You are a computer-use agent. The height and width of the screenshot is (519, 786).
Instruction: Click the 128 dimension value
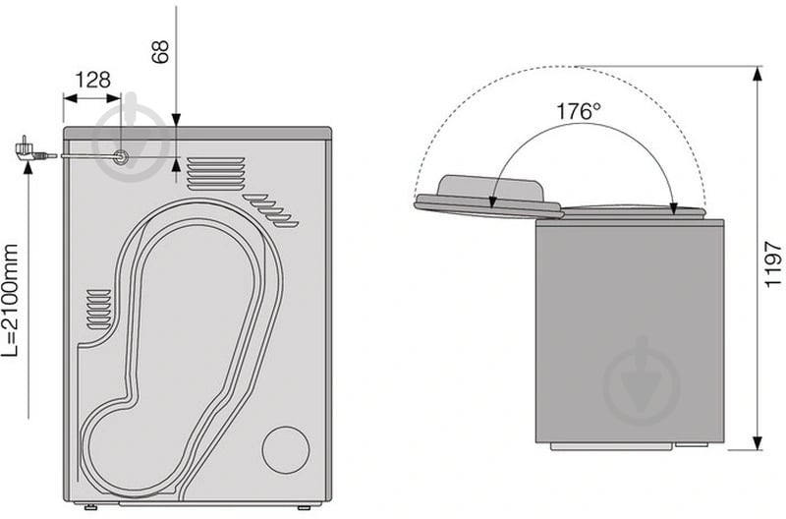[92, 80]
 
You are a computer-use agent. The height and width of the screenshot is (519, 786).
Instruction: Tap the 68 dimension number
[160, 51]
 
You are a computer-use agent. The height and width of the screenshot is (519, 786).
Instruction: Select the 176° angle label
[579, 111]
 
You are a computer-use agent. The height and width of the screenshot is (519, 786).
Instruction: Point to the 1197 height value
[773, 264]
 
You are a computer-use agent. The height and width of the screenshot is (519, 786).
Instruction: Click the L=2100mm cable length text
[10, 301]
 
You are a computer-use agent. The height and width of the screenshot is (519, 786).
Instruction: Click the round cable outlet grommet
[121, 157]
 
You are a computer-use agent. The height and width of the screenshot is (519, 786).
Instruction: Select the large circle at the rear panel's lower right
[286, 450]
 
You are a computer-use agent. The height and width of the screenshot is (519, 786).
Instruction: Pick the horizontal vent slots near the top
[216, 174]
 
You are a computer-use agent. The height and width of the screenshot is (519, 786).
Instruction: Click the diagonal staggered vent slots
[271, 209]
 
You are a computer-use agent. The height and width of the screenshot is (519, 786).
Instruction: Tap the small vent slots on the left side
[99, 310]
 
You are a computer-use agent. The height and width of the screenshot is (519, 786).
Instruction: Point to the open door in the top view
[489, 198]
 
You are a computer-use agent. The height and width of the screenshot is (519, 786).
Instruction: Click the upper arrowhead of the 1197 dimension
[758, 75]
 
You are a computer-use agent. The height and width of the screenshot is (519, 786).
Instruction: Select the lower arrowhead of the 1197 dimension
[758, 442]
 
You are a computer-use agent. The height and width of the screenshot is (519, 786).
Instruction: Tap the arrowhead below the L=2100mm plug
[28, 167]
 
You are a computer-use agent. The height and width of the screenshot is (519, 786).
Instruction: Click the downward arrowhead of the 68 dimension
[176, 120]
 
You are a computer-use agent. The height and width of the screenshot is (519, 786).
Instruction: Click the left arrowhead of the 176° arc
[492, 201]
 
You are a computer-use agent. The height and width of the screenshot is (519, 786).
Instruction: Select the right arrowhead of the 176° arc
[674, 208]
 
